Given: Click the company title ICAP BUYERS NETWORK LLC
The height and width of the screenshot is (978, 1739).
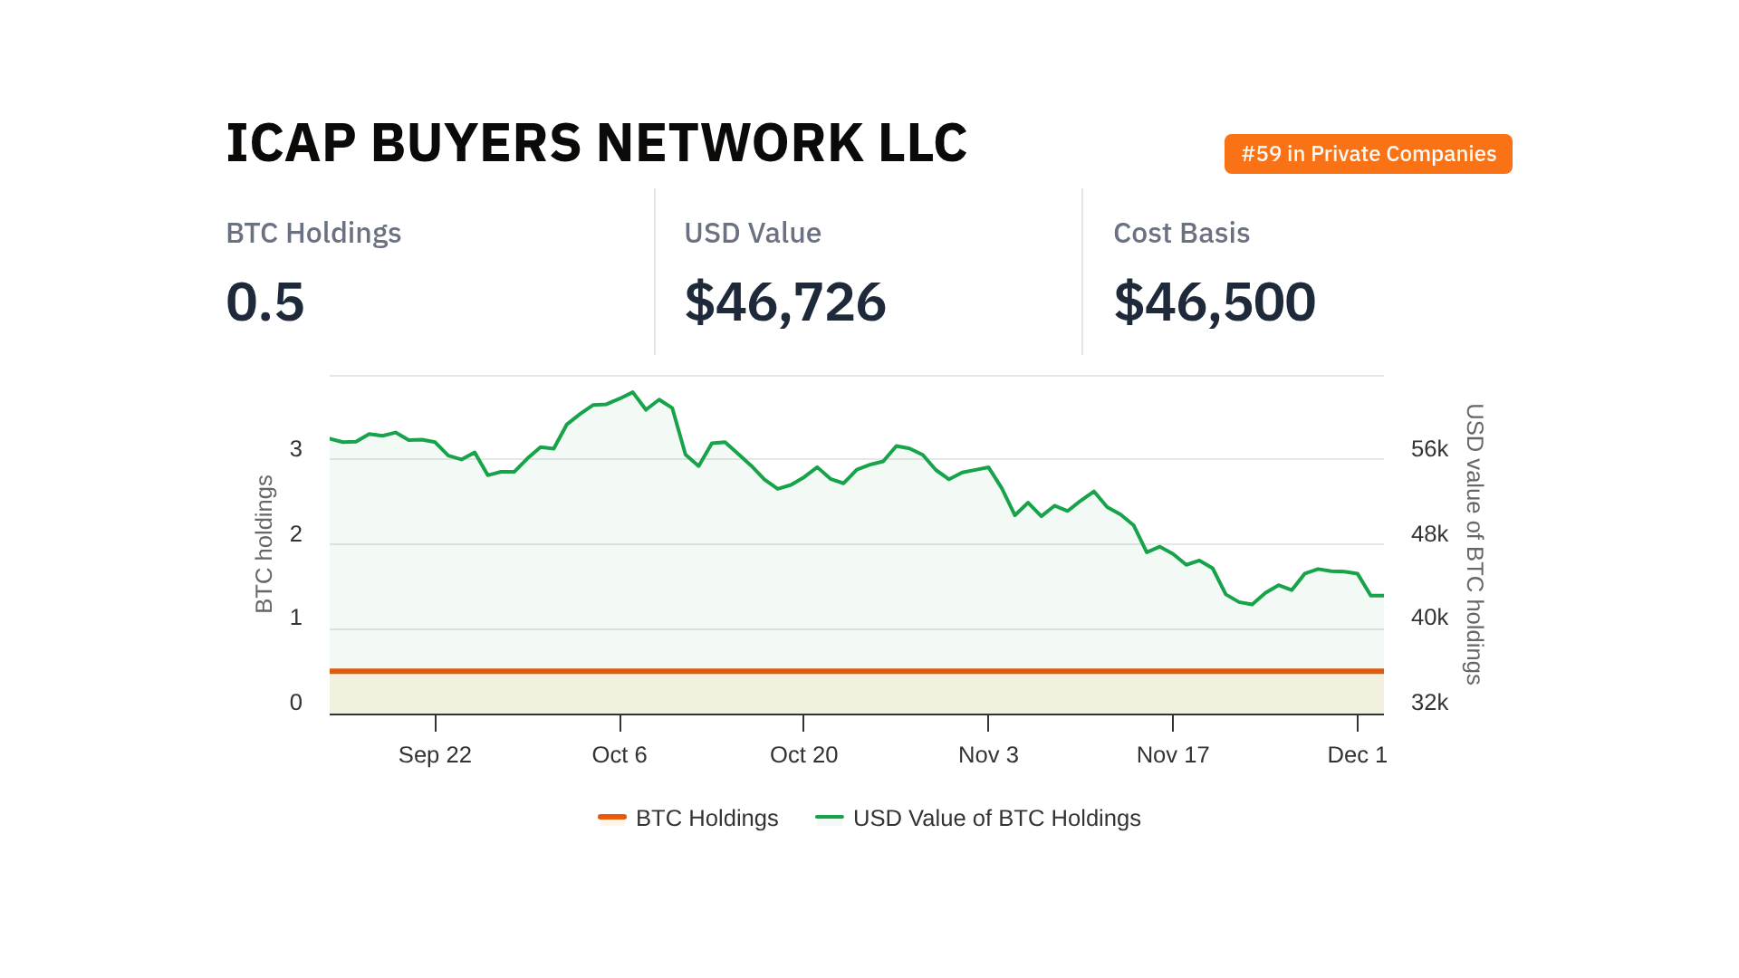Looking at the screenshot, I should pyautogui.click(x=596, y=143).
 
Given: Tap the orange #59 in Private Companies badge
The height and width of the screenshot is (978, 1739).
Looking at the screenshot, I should pyautogui.click(x=1368, y=154).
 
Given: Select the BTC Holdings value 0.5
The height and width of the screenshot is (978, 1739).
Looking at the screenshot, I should pyautogui.click(x=264, y=302).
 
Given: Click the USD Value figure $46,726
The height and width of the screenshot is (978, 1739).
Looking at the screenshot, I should pyautogui.click(x=784, y=302).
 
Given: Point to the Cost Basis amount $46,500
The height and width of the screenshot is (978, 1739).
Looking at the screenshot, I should pyautogui.click(x=1214, y=302).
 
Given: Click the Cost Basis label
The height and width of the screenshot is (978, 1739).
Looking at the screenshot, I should pyautogui.click(x=1181, y=233).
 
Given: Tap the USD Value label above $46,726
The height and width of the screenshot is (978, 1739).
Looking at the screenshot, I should pyautogui.click(x=752, y=233).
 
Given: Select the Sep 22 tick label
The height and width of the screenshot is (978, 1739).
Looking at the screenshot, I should pyautogui.click(x=435, y=754).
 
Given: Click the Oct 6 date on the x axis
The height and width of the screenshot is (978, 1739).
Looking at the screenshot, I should pyautogui.click(x=620, y=754).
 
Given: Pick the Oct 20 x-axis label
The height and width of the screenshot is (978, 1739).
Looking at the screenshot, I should pyautogui.click(x=803, y=754).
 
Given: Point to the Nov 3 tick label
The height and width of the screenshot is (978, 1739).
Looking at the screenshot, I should pyautogui.click(x=988, y=754).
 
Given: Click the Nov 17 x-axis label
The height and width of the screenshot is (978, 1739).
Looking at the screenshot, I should pyautogui.click(x=1172, y=754).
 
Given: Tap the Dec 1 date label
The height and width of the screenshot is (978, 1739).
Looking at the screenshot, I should pyautogui.click(x=1357, y=754).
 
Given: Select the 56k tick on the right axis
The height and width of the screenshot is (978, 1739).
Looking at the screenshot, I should pyautogui.click(x=1429, y=449).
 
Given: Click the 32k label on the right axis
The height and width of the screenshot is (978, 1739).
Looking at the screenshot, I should pyautogui.click(x=1429, y=703).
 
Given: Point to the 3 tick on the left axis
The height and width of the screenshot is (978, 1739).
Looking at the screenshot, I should pyautogui.click(x=295, y=449).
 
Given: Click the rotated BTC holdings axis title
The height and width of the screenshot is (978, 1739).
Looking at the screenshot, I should pyautogui.click(x=264, y=544).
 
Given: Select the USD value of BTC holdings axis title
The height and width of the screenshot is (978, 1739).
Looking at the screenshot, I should pyautogui.click(x=1475, y=544).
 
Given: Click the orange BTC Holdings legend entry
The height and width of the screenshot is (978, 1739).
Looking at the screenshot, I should pyautogui.click(x=688, y=818).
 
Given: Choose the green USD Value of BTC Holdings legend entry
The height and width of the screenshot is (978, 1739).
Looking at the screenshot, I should pyautogui.click(x=978, y=818).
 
